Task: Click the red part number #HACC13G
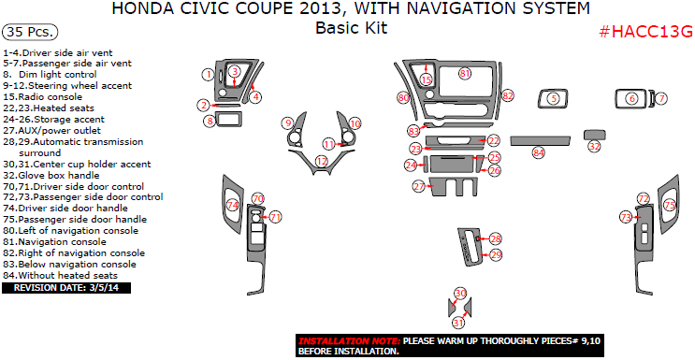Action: pos(644,31)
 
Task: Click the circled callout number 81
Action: pos(465,73)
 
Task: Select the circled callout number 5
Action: pos(553,98)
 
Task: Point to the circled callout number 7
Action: pos(660,98)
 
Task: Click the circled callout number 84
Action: pos(538,152)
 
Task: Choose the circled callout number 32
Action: pos(594,147)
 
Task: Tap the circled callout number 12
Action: pos(322,161)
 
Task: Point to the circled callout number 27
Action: pos(418,187)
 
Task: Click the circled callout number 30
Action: pos(459,294)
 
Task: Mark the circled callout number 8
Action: pos(209,121)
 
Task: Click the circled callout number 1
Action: pos(208,74)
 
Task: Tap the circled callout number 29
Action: pos(496,254)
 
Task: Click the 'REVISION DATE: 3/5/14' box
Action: pos(66,288)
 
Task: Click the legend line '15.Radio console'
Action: pos(42,96)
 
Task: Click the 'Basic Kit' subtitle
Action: pos(351,28)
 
